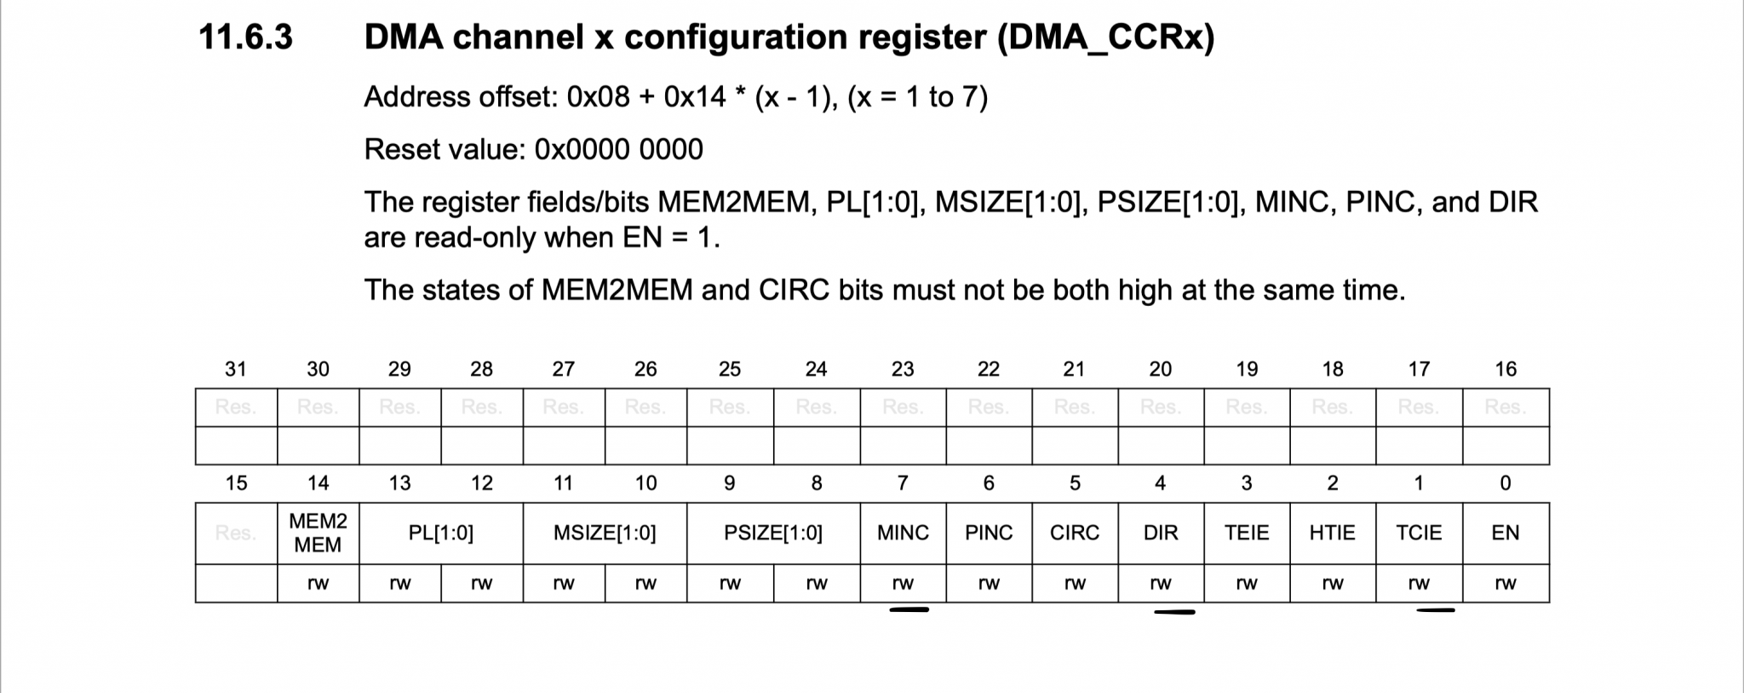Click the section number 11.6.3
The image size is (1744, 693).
[x=245, y=38]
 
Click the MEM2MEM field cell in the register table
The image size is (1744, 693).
[x=318, y=533]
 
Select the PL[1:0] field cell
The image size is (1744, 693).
[x=440, y=533]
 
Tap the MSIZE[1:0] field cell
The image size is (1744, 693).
[x=605, y=533]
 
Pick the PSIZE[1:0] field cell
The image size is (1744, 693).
[x=772, y=533]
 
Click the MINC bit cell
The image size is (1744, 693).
[x=903, y=533]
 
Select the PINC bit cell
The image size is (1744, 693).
[x=989, y=533]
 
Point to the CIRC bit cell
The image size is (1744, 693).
[x=1075, y=533]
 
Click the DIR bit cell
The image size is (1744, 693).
[x=1161, y=533]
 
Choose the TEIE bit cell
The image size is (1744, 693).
[x=1247, y=533]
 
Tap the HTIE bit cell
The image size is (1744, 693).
[x=1333, y=533]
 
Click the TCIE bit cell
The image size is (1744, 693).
[x=1419, y=533]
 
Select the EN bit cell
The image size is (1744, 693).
[x=1506, y=533]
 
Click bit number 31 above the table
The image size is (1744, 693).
[x=236, y=369]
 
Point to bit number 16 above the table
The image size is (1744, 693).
[x=1506, y=369]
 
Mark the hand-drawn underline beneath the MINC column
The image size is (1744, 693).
[x=909, y=609]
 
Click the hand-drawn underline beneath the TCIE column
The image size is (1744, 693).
[x=1436, y=610]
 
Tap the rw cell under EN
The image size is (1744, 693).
[x=1506, y=584]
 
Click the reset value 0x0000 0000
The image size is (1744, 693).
[x=618, y=150]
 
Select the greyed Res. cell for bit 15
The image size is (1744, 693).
[x=236, y=533]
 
